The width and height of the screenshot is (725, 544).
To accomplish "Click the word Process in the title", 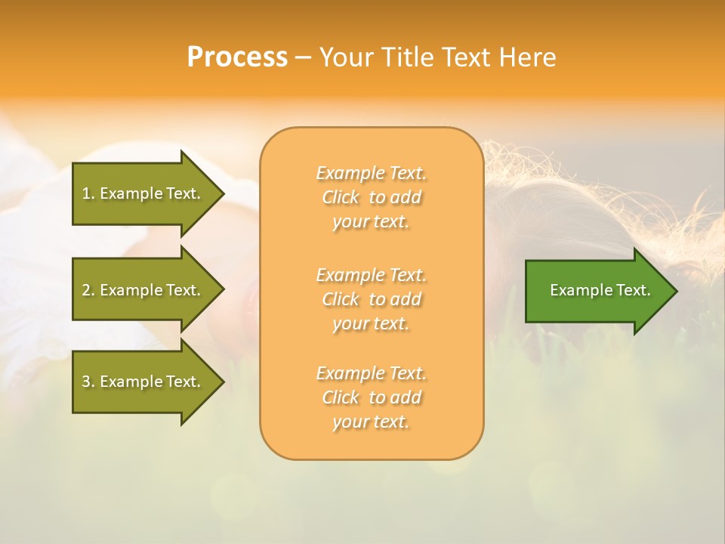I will pos(237,57).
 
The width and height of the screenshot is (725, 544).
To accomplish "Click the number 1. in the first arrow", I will pos(88,193).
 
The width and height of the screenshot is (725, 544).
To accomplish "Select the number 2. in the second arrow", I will pos(88,290).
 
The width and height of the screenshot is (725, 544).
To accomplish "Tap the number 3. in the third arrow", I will pos(88,382).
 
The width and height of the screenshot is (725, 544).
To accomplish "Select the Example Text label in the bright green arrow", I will pos(600,290).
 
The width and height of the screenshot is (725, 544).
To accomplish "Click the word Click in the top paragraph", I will pos(341,198).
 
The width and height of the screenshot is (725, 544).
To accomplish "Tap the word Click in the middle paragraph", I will pos(341,299).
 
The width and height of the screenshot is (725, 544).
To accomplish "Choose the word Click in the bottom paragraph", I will pos(341,397).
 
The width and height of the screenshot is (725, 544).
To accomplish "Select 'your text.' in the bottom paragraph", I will pos(371,422).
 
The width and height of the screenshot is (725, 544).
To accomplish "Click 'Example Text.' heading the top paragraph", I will pos(371,173).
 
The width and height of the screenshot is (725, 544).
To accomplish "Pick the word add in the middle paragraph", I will pos(406,299).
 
